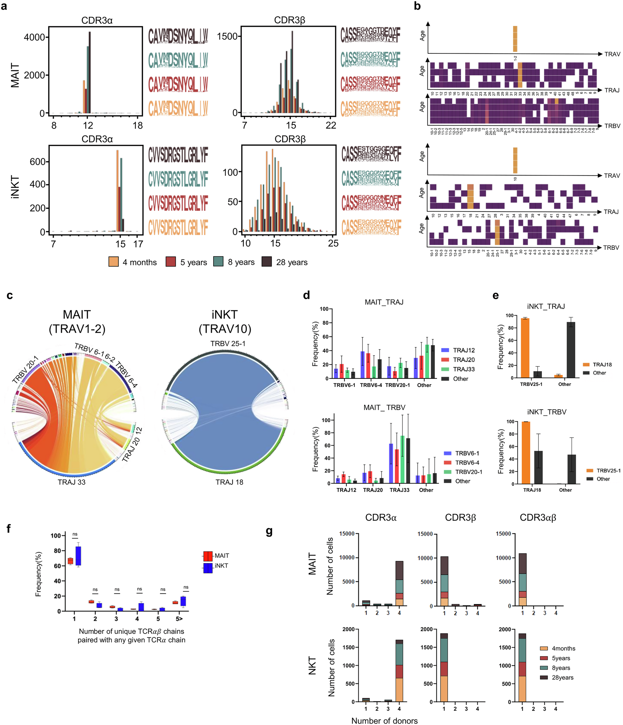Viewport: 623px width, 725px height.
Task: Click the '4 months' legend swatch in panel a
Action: [x=114, y=262]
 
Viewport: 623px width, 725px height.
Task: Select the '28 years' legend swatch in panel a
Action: [x=267, y=262]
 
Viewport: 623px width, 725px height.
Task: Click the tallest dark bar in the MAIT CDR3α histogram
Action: [x=90, y=72]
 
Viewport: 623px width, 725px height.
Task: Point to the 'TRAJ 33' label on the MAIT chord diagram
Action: [x=72, y=482]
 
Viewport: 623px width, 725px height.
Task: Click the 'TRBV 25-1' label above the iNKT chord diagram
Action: [x=228, y=344]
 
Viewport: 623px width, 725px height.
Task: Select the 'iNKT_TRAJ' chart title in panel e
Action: [x=546, y=307]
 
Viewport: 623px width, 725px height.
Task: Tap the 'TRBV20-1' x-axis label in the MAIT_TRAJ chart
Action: [x=397, y=385]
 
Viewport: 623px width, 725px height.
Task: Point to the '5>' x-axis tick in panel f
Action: [x=179, y=619]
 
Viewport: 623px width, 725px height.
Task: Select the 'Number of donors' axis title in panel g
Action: [x=385, y=721]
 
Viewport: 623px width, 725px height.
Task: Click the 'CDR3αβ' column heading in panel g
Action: [x=538, y=518]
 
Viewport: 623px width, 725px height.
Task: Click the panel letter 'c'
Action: [x=10, y=295]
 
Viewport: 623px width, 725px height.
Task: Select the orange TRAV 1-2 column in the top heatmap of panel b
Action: [x=515, y=39]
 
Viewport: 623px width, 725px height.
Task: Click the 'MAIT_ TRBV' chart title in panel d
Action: [x=384, y=408]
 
